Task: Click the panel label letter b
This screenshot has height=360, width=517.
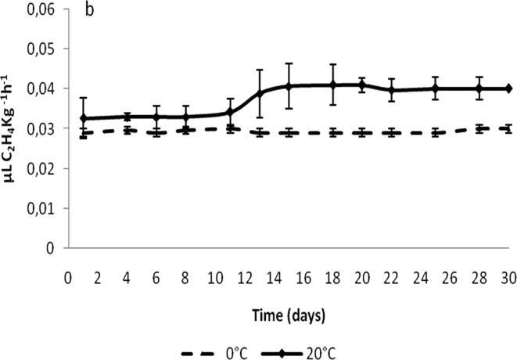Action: click(x=89, y=13)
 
